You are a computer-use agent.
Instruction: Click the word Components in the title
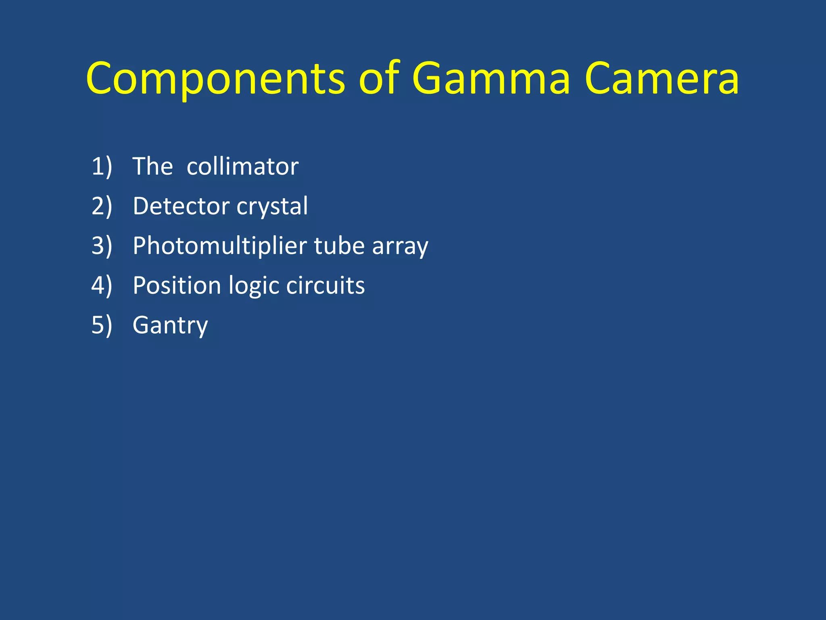(215, 78)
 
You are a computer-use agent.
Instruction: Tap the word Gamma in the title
(491, 78)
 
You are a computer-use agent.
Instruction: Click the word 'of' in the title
(379, 78)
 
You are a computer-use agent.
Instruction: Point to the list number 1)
(102, 166)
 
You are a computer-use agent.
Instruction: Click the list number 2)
(102, 206)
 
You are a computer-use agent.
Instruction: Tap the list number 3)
(102, 245)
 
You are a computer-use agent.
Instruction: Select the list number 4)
(102, 285)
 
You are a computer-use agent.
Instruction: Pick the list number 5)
(102, 325)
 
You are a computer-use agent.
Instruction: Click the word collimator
(242, 166)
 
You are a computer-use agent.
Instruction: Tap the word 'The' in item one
(152, 166)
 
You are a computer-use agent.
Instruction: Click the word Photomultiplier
(220, 246)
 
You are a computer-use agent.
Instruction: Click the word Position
(177, 285)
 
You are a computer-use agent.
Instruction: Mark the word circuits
(325, 285)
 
